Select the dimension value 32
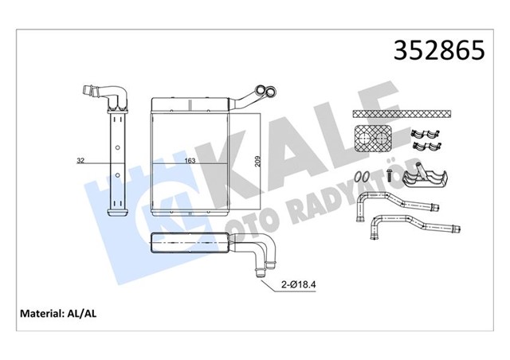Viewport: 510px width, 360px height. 80,161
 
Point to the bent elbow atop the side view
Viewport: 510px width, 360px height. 111,95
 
